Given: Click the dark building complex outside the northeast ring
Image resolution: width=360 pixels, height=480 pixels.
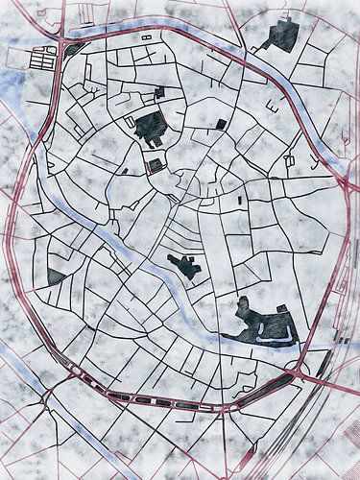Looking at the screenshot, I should tap(281, 35).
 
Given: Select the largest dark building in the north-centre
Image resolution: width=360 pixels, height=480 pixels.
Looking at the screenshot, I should tap(151, 126).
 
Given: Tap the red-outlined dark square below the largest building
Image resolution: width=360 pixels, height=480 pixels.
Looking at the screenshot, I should tap(155, 165).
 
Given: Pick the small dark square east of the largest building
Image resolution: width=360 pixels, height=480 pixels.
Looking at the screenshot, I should tap(222, 124).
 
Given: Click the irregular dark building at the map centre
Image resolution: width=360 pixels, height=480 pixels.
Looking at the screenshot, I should tap(184, 265).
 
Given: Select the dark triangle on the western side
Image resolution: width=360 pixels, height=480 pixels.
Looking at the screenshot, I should tap(57, 276).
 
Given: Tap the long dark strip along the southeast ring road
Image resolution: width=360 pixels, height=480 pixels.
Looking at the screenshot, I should tap(273, 385).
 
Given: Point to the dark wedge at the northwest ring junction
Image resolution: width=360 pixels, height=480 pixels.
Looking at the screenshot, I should tap(73, 48).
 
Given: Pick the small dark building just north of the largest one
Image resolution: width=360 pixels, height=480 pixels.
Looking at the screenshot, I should tap(157, 93).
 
